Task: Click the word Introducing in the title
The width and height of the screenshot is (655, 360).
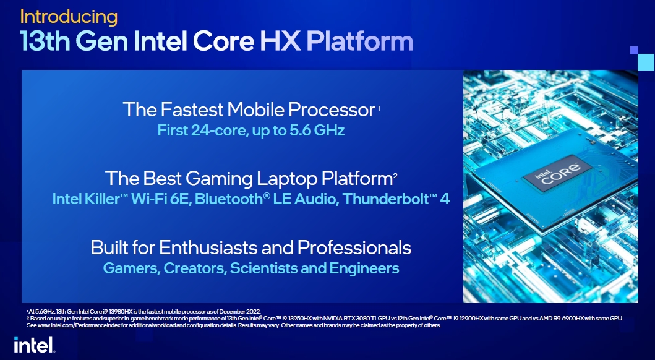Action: click(69, 17)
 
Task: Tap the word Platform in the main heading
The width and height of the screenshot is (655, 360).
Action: click(360, 41)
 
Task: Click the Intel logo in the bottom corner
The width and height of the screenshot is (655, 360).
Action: click(34, 345)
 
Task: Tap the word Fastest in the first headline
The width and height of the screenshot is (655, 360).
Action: click(191, 109)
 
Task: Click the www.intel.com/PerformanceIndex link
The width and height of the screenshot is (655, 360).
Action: click(79, 325)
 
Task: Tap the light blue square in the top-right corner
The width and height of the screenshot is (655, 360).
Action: click(646, 62)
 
